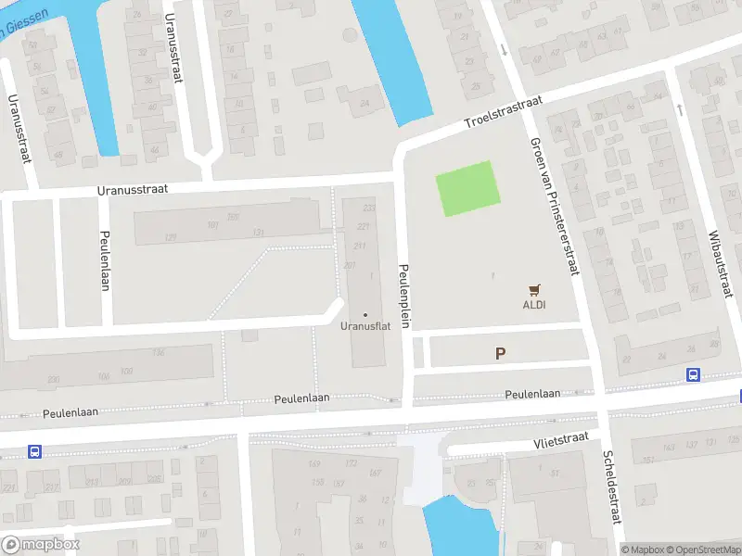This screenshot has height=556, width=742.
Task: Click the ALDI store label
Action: coord(533,304)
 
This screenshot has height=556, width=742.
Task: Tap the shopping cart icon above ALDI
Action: coord(533,290)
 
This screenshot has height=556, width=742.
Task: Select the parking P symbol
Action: coord(501,353)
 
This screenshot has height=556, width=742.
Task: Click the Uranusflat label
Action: coord(365,326)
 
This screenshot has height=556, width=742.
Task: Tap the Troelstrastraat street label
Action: coord(503,115)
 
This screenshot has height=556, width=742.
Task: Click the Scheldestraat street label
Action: coord(609,487)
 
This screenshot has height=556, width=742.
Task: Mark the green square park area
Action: coord(468,188)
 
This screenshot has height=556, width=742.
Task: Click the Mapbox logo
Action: coord(40,545)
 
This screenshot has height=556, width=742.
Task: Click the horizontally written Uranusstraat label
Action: coord(132,189)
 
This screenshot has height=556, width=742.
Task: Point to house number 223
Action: coord(369,208)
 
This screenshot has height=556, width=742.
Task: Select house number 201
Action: coord(349,265)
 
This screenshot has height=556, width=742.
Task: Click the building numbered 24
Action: coord(365,103)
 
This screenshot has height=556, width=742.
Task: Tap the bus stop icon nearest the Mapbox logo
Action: coord(34,451)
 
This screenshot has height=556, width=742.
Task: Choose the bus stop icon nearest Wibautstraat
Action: coord(692,374)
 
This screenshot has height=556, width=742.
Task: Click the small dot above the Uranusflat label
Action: coord(365,315)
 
